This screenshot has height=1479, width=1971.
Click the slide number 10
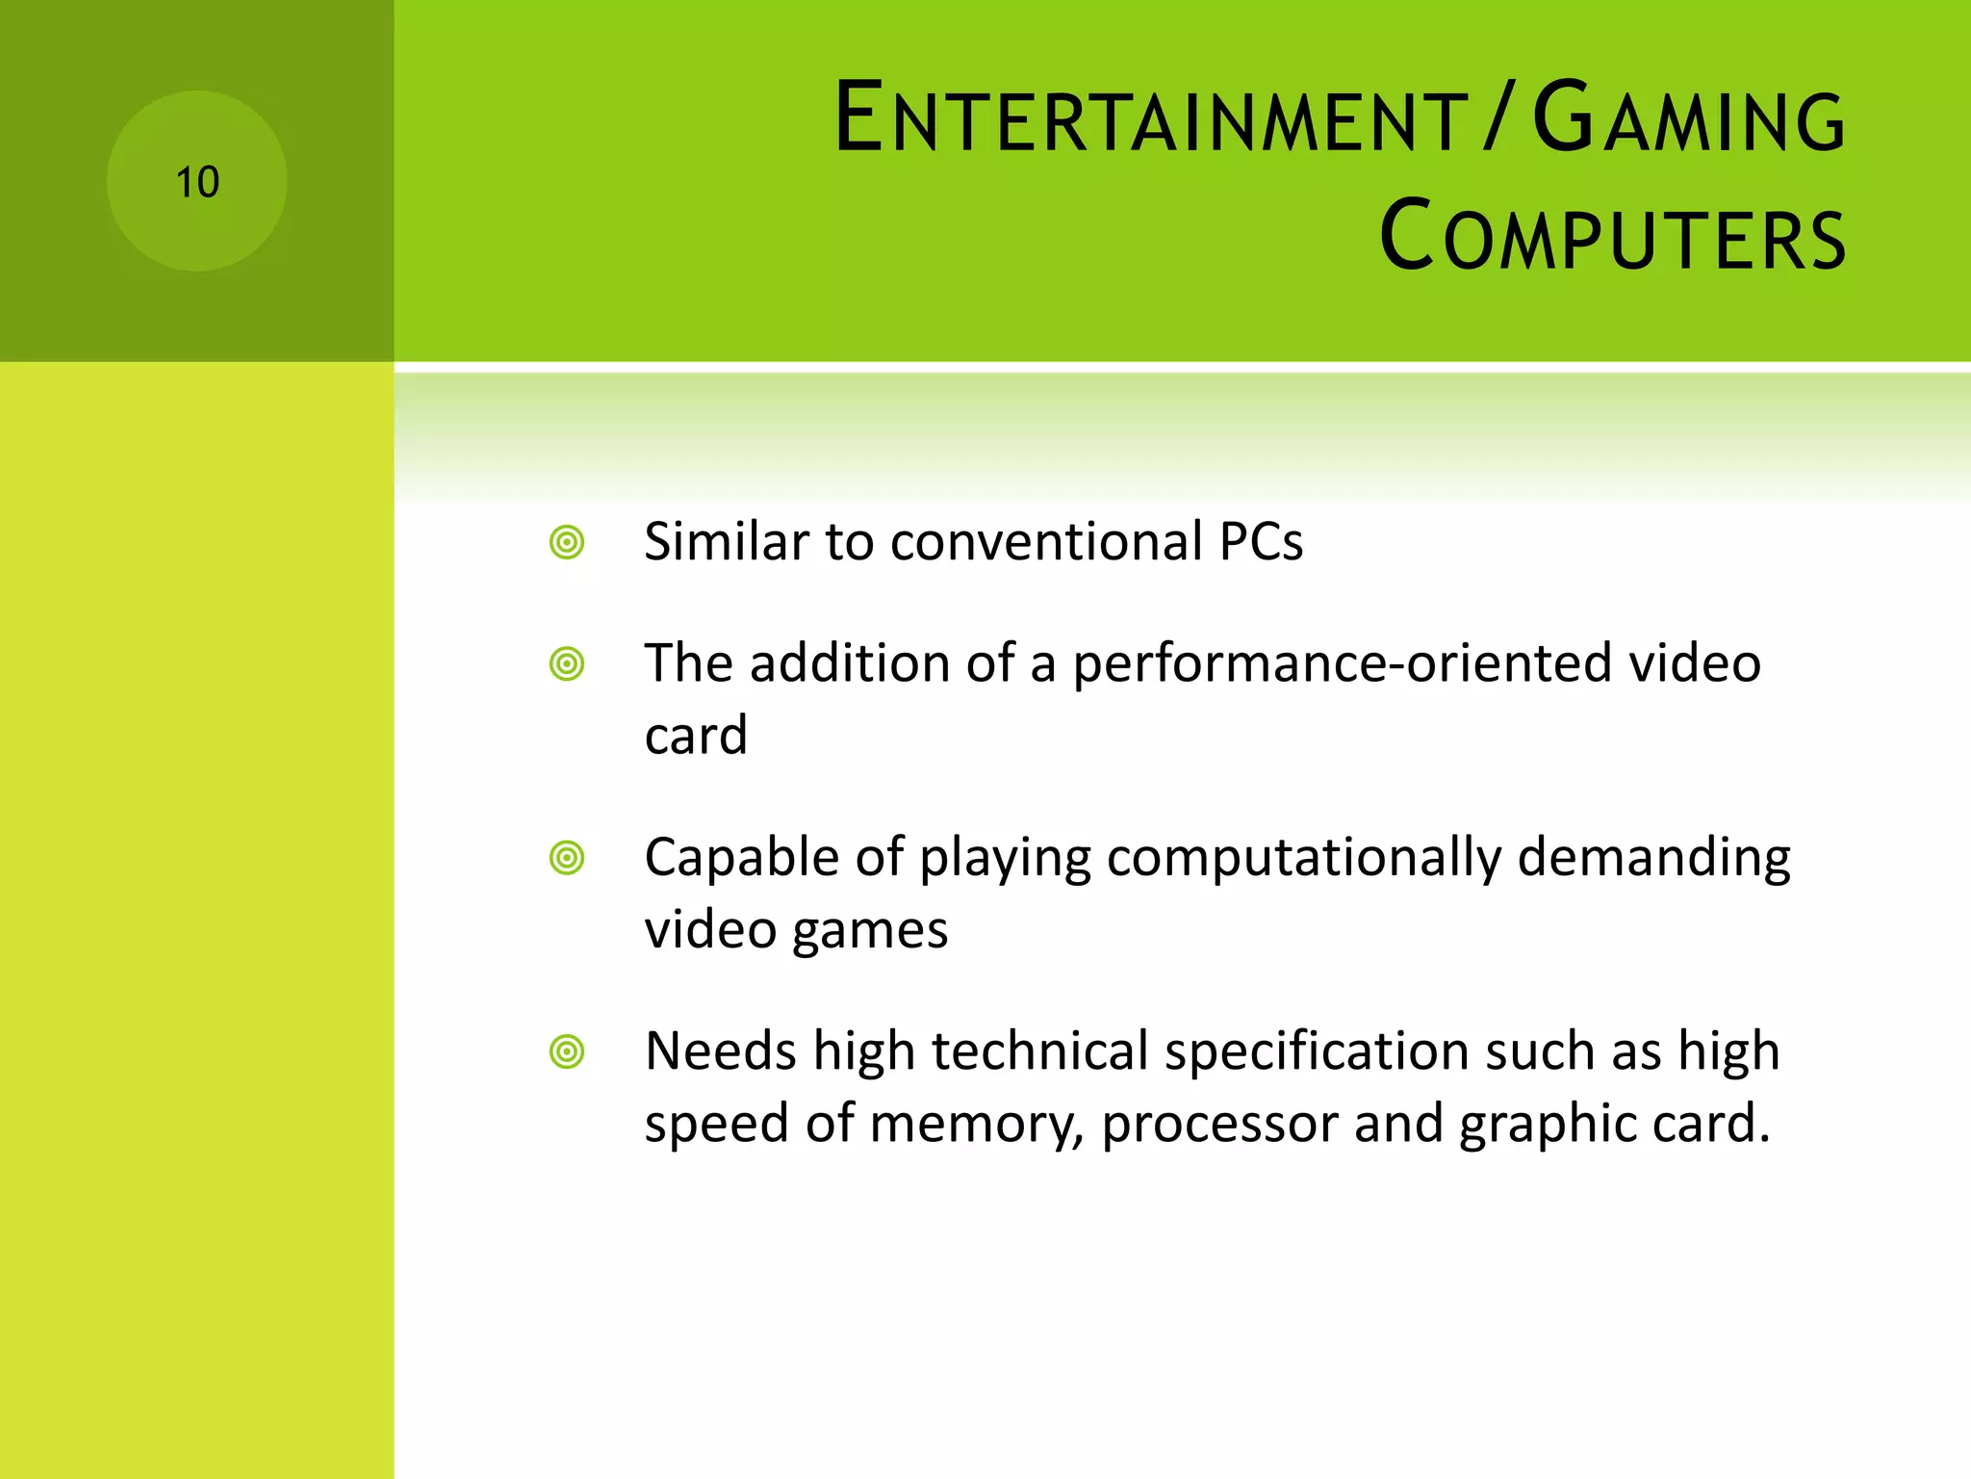(x=197, y=182)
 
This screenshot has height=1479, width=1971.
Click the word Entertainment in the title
(x=1151, y=118)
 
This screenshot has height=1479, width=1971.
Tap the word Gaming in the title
(x=1689, y=118)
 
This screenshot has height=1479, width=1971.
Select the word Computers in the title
(x=1613, y=236)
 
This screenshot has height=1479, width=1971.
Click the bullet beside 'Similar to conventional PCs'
(x=567, y=542)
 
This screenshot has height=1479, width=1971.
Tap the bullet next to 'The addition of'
(x=567, y=663)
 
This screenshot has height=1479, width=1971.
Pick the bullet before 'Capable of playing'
(x=567, y=857)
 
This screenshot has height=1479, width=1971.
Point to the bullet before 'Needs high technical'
(x=567, y=1051)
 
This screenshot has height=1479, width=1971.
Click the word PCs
(x=1261, y=541)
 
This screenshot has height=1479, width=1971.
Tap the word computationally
(x=1303, y=858)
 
